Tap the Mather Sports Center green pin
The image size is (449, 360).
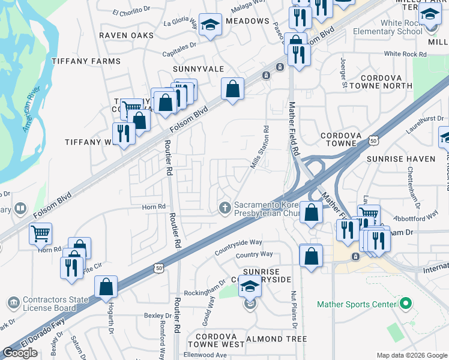[x=405, y=304]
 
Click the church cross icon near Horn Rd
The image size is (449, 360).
[x=225, y=208]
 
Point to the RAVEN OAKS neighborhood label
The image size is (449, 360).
[x=126, y=35]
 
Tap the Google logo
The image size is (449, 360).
[x=20, y=353]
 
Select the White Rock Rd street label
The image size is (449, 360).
[x=405, y=54]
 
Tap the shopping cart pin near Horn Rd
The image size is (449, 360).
[x=40, y=233]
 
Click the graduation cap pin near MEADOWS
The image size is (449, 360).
[x=210, y=25]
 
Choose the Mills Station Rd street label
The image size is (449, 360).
[x=260, y=148]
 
